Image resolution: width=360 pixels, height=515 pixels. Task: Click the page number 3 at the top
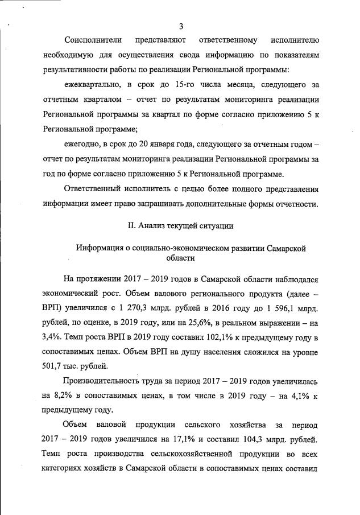pyautogui.click(x=181, y=26)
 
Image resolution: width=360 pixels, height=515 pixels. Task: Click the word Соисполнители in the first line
pyautogui.click(x=93, y=41)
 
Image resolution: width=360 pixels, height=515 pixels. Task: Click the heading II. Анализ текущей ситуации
pyautogui.click(x=181, y=226)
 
